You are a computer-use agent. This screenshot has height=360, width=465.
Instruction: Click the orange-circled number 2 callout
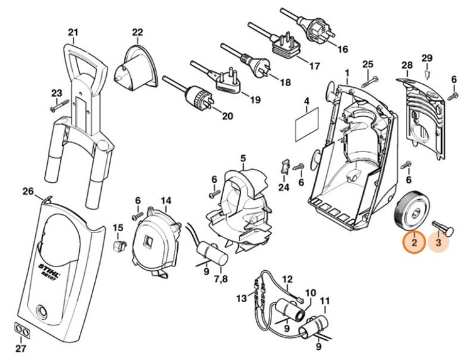coord(414,241)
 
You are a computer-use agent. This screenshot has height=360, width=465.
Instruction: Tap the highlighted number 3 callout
coord(439,241)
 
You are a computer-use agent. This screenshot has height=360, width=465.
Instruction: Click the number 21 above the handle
coord(73,33)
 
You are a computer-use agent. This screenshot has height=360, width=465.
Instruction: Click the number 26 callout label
coord(27,191)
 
